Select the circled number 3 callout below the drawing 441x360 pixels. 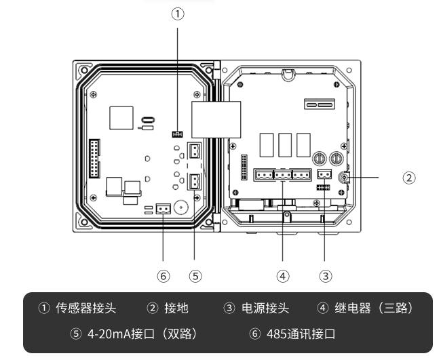tap(325, 277)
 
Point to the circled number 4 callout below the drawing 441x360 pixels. tap(282, 277)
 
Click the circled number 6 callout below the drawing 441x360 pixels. tap(163, 277)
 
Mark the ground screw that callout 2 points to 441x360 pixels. tap(345, 178)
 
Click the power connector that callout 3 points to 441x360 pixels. tap(324, 174)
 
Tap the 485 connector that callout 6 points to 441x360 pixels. tap(163, 209)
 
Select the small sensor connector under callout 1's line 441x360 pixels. tap(178, 134)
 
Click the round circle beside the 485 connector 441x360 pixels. tap(180, 207)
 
